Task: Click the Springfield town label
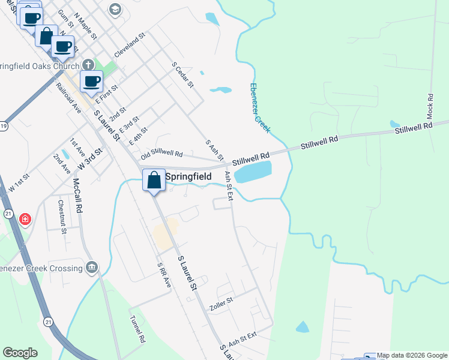point(188,177)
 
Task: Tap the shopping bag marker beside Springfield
point(154,180)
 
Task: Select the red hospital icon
point(25,220)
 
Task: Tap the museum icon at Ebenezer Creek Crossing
point(92,267)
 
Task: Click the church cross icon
point(88,65)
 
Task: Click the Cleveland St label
point(130,46)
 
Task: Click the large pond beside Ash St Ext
point(252,173)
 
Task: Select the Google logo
point(20,353)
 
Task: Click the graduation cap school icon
point(115,9)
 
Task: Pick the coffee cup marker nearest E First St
point(91,82)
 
